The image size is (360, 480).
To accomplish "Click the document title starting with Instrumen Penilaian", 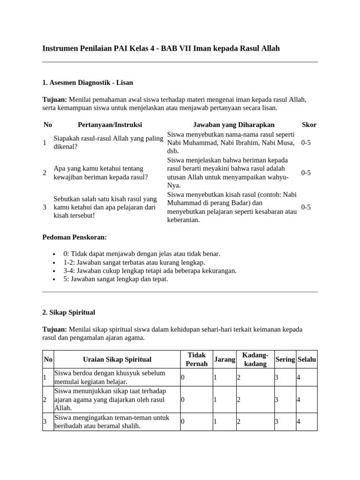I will [161, 48].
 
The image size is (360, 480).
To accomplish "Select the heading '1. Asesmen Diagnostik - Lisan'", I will [88, 82].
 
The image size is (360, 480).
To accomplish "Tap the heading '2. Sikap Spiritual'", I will [69, 312].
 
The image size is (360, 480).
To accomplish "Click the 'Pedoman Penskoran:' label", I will [75, 237].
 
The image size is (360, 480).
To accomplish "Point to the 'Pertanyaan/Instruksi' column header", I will [110, 125].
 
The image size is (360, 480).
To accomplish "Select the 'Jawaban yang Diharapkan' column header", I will [233, 125].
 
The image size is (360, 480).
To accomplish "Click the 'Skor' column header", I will [309, 125].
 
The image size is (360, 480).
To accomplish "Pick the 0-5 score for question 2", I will [306, 172].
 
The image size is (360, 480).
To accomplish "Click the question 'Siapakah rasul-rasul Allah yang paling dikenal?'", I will [108, 142].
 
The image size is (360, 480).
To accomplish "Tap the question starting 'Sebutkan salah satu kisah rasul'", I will [105, 207].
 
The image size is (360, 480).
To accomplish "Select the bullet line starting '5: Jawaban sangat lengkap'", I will [116, 279].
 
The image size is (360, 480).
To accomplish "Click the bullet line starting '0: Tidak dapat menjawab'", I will [142, 254].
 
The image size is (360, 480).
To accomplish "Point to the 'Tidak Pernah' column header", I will [196, 360].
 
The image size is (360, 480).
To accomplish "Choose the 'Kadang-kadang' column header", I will [255, 360].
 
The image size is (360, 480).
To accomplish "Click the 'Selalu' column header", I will [307, 360].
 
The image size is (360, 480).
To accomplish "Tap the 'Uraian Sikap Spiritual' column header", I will [117, 360].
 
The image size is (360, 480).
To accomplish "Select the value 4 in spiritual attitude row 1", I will [299, 377].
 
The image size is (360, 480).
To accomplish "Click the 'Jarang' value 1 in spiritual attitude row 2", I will [215, 400].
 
